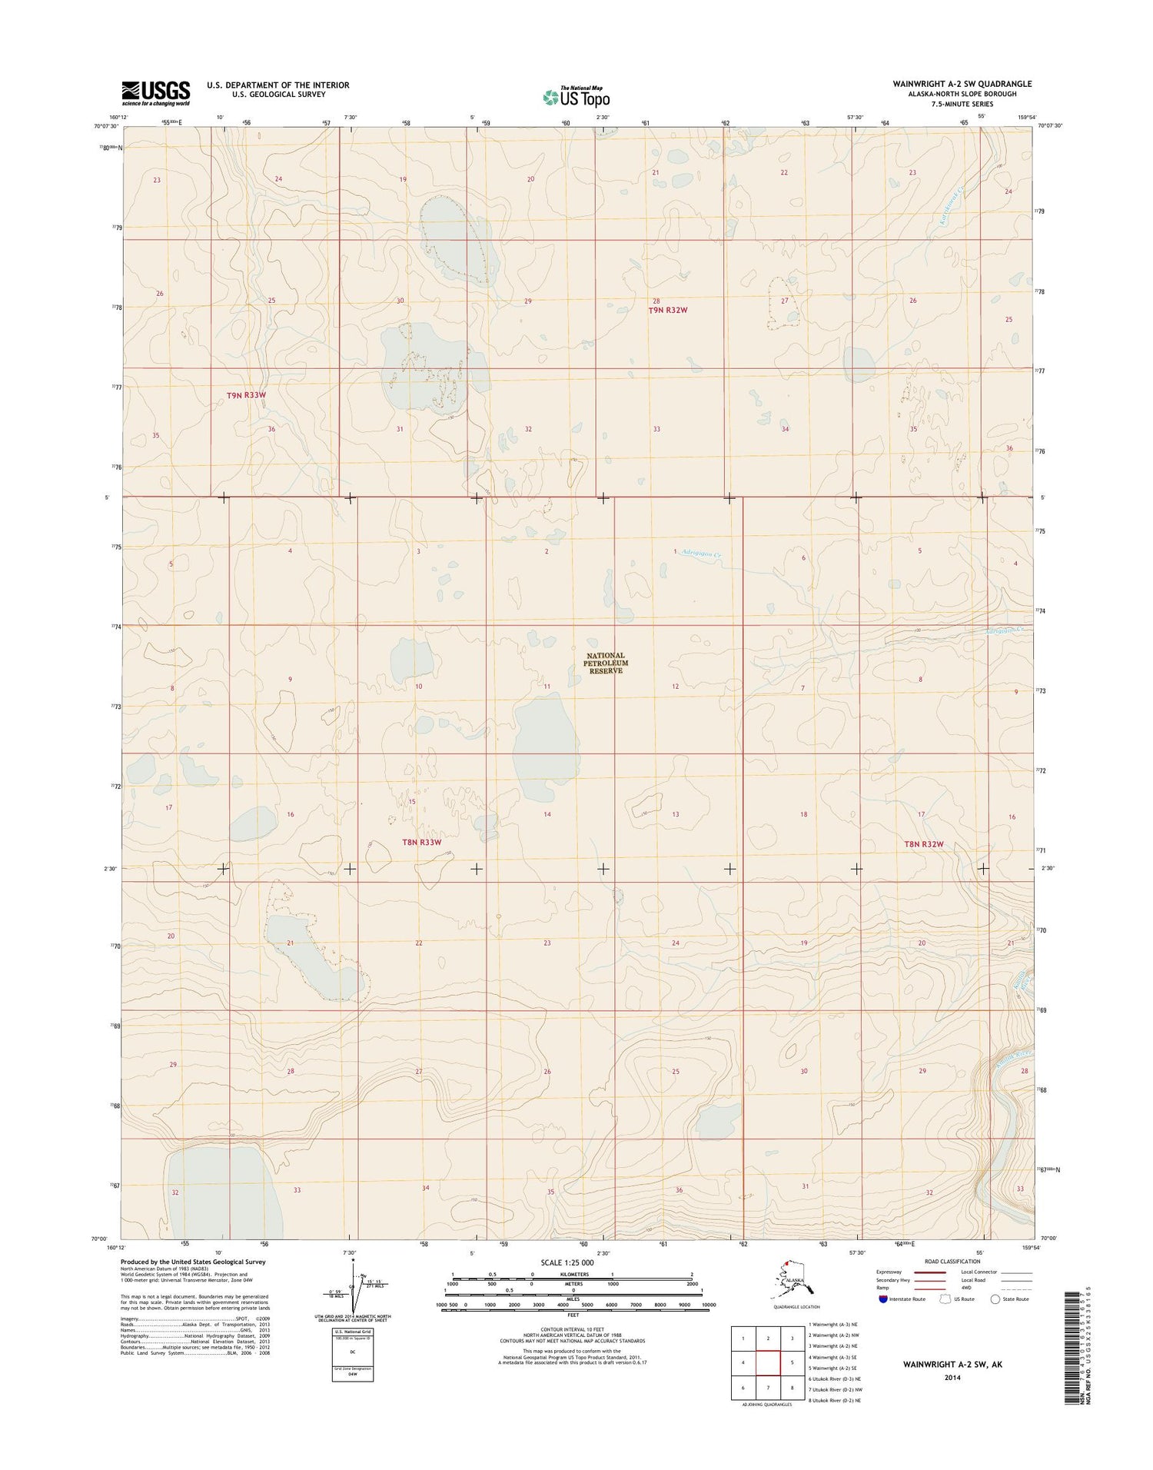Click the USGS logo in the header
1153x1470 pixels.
point(155,93)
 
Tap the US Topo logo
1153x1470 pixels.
point(576,98)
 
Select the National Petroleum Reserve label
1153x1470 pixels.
point(606,663)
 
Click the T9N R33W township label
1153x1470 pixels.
point(246,395)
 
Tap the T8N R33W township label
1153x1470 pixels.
point(422,842)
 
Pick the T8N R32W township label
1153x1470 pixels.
point(923,844)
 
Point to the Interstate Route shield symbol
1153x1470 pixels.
point(882,1299)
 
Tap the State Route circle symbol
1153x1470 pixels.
point(995,1299)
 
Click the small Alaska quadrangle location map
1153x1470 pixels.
point(792,1281)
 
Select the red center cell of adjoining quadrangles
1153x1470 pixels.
point(768,1364)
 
